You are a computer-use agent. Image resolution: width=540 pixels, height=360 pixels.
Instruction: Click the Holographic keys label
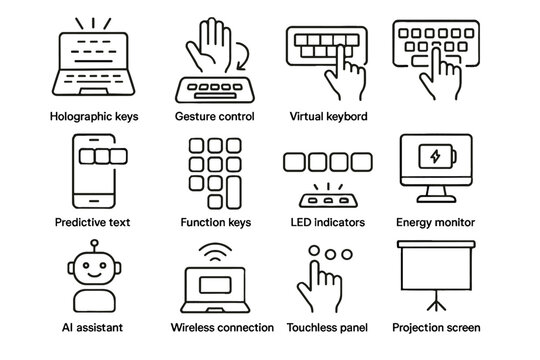(94, 117)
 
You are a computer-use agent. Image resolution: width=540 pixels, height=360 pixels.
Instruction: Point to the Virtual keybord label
(327, 117)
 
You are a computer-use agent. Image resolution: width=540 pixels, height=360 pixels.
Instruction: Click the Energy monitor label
(437, 222)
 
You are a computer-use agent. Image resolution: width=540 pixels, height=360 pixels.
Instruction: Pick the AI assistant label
(94, 327)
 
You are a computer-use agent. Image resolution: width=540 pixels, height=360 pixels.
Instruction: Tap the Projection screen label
(437, 327)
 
